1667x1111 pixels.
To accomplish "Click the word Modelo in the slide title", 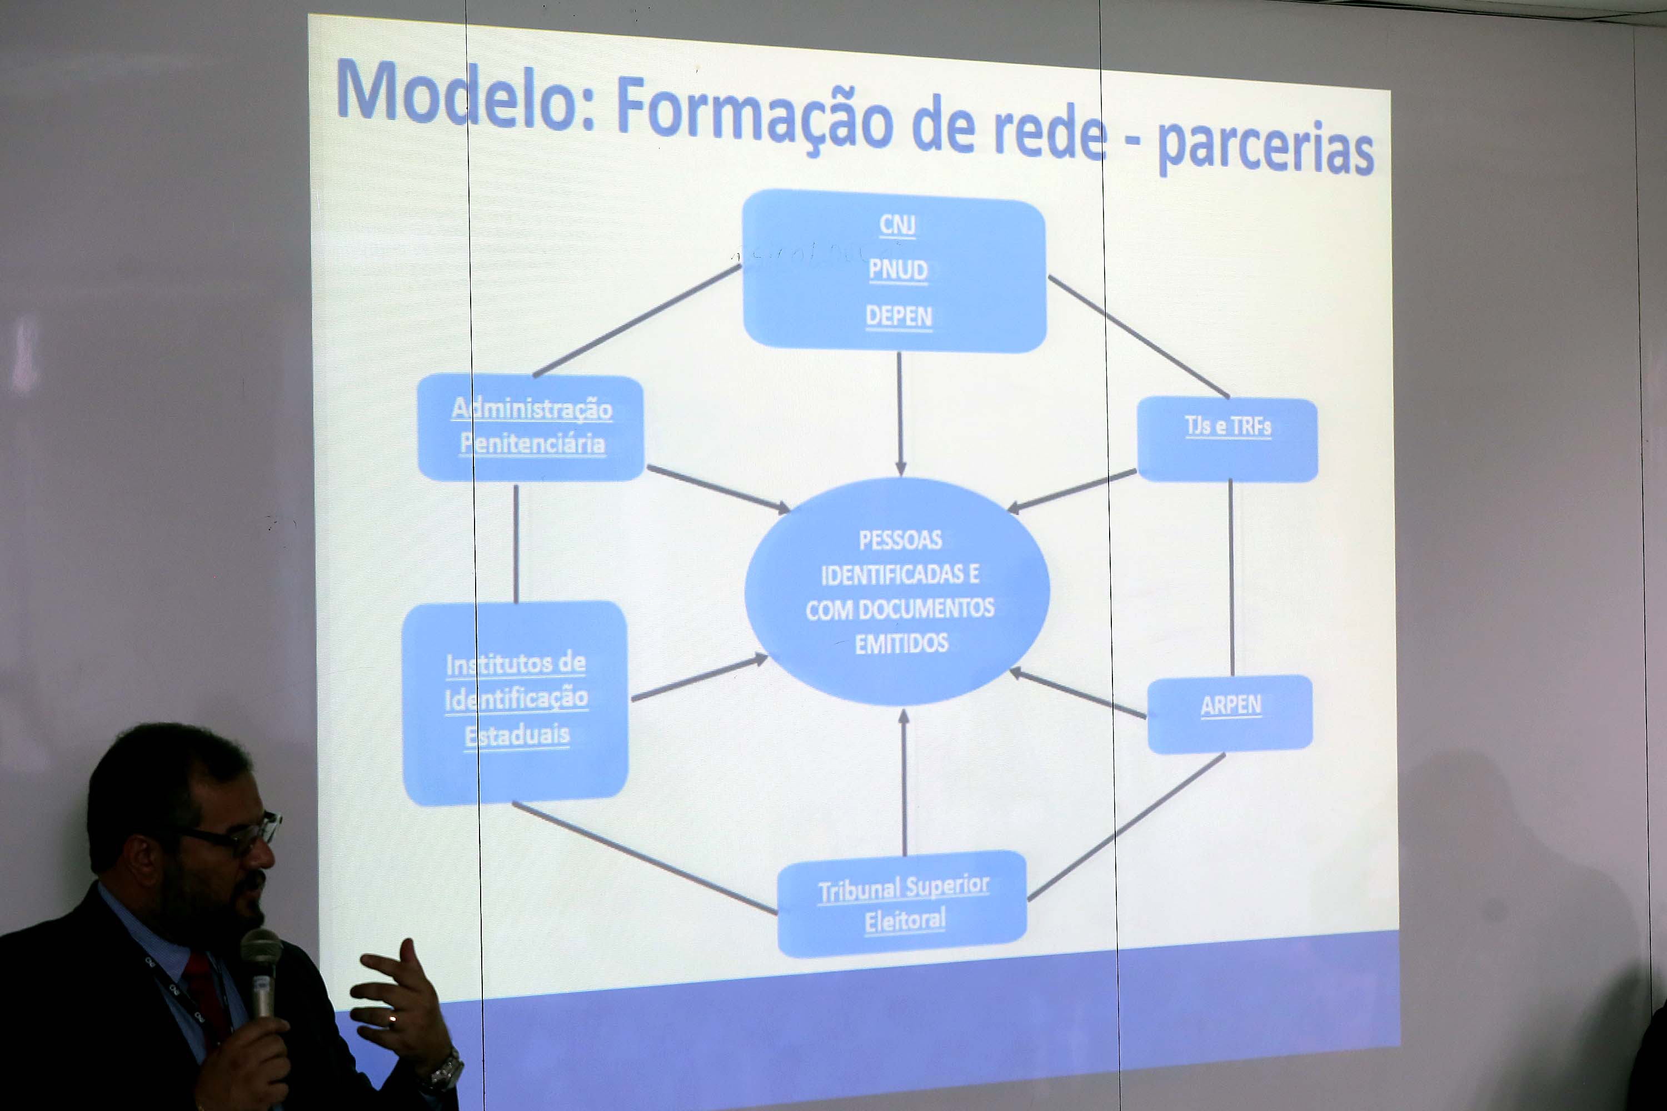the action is click(466, 95).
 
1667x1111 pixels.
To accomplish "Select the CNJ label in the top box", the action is click(897, 224).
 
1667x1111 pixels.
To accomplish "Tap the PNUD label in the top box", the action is click(898, 270).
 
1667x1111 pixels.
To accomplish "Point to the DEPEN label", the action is click(899, 316).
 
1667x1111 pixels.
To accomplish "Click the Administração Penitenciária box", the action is click(531, 428).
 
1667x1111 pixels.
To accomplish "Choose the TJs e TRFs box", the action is click(1227, 439).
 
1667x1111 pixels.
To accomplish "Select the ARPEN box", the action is click(1230, 714).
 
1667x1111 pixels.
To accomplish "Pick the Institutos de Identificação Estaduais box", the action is click(515, 703).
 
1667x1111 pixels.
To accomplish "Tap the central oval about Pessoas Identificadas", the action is click(897, 592).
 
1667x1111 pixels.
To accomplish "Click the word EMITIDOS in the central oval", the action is click(901, 644).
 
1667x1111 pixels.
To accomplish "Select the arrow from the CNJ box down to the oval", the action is click(900, 414).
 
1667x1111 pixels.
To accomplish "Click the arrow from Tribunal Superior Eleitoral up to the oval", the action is click(904, 782).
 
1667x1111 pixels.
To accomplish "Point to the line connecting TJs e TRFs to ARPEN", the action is click(1231, 578).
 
